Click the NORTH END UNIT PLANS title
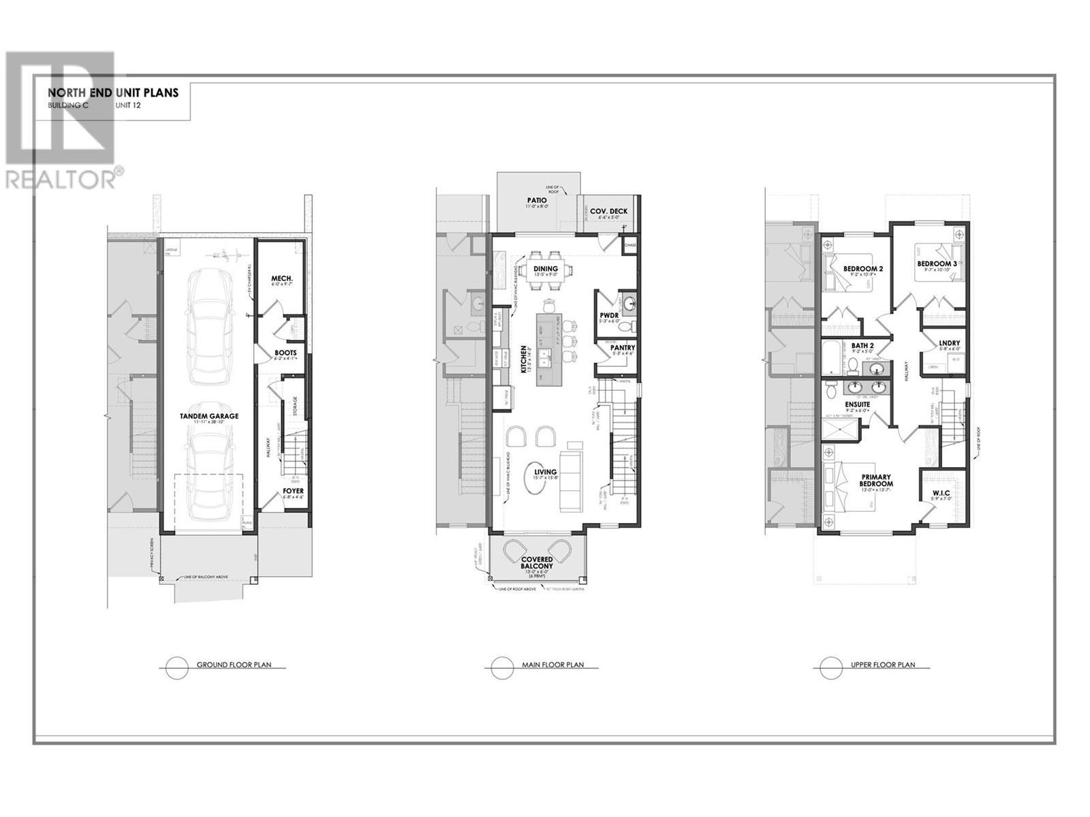(x=113, y=93)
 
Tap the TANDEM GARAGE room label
(x=209, y=416)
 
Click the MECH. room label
(x=281, y=278)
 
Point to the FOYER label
(x=294, y=490)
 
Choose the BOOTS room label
(x=285, y=353)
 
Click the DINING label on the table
(x=545, y=269)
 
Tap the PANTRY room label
(x=623, y=348)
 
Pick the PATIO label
(x=536, y=201)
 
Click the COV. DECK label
(x=608, y=211)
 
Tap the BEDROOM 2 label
(x=862, y=269)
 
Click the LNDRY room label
(x=949, y=343)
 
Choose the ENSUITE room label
(x=858, y=404)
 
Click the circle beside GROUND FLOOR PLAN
(x=176, y=667)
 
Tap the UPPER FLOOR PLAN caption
(x=882, y=665)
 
